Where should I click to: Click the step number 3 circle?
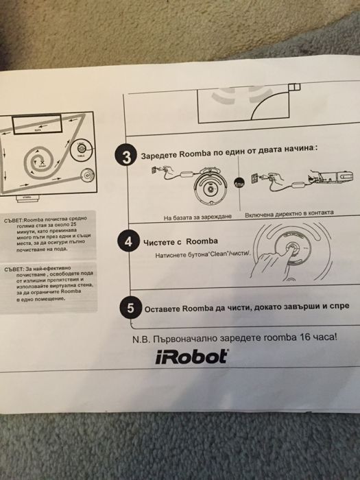click(x=125, y=156)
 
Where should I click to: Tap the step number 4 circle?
click(x=126, y=242)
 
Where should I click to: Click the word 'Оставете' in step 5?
click(x=165, y=309)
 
